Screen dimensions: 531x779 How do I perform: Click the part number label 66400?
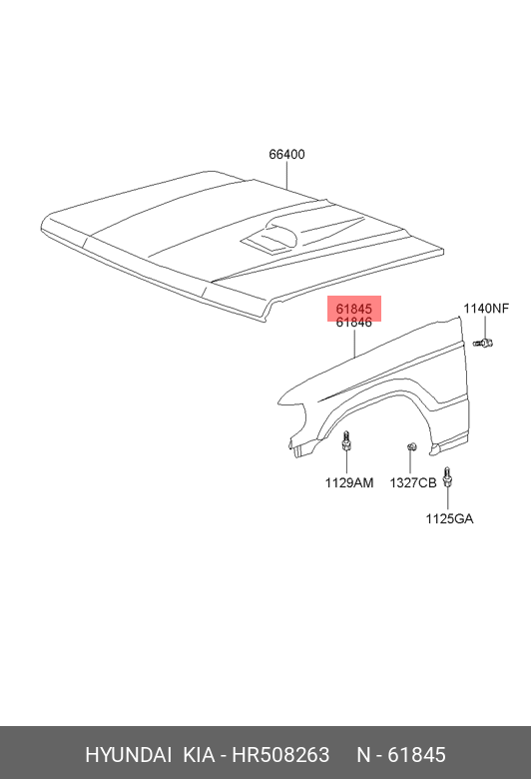286,155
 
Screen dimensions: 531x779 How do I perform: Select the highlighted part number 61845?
353,309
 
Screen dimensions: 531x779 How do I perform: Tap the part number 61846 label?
353,323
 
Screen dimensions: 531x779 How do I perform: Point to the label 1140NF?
486,309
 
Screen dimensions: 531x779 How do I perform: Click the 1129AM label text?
349,482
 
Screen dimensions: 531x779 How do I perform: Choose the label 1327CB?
413,482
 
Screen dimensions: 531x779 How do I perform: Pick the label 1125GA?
449,518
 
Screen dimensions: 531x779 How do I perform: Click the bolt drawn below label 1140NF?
483,343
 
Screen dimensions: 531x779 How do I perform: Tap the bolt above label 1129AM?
346,441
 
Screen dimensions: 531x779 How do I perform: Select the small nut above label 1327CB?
411,447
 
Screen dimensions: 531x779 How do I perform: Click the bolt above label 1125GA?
447,477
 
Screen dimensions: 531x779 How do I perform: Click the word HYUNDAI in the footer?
129,755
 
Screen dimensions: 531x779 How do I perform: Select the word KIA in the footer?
200,755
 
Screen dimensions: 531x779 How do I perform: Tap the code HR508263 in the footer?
280,755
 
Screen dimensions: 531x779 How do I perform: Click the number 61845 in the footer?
416,755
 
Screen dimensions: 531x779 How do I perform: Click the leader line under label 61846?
354,344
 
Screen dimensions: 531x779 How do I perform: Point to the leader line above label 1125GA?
447,499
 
